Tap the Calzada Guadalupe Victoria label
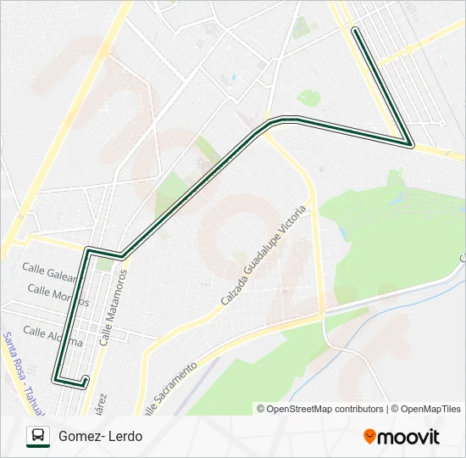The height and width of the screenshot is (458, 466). pos(262,255)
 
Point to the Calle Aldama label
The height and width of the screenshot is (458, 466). pos(53,336)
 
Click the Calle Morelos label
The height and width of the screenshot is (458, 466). pos(58,295)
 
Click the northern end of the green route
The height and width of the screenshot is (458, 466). pos(355,31)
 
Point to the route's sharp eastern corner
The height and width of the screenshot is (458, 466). pos(410,143)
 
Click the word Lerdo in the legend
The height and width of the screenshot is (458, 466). pos(125,437)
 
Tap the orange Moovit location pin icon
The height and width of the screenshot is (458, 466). pos(369,437)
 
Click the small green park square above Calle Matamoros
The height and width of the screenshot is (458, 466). pos(103,265)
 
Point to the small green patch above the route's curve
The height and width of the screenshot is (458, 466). pos(308,98)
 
